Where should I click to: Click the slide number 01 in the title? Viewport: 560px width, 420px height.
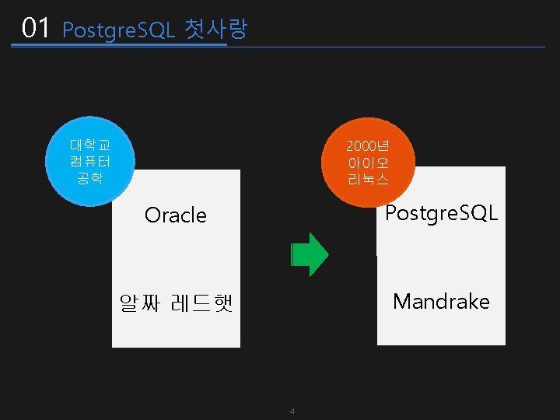coord(36,29)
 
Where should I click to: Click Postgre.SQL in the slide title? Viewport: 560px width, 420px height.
coord(118,30)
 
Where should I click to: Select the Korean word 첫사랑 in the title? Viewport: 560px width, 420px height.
coord(216,30)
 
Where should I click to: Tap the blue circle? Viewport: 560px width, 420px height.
coord(90,162)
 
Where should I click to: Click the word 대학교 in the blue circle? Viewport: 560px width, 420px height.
coord(90,145)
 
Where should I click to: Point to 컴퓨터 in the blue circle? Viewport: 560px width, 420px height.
coord(90,162)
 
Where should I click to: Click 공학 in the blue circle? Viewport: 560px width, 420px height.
coord(90,178)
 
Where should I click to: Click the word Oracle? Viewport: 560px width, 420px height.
coord(176,215)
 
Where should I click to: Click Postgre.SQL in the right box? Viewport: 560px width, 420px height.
coord(442,213)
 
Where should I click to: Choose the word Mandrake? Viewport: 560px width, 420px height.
coord(441,302)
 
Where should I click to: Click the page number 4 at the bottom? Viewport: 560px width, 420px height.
coord(292,411)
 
